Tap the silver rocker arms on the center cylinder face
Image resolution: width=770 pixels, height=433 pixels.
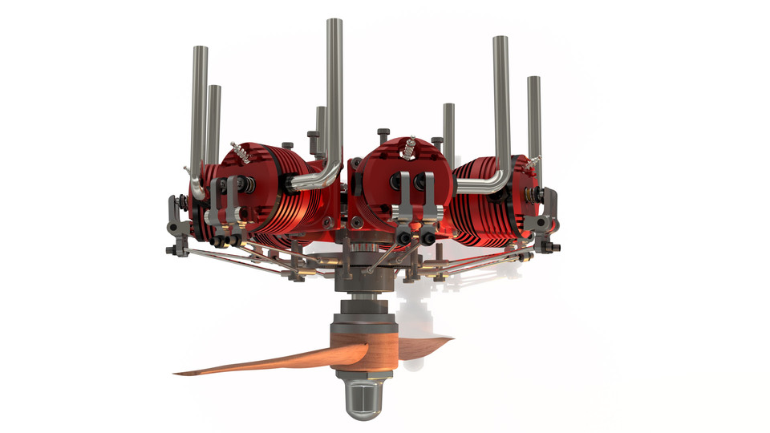[x=417, y=204]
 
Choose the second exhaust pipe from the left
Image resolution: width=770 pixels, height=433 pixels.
[x=214, y=120]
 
